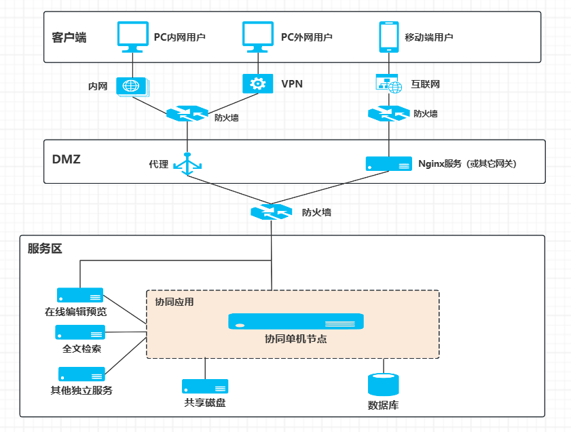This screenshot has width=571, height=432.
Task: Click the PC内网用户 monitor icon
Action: click(x=133, y=37)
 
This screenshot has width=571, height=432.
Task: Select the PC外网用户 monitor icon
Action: click(x=259, y=37)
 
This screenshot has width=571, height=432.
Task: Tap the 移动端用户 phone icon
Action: click(x=388, y=37)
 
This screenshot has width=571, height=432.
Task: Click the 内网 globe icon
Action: click(x=132, y=86)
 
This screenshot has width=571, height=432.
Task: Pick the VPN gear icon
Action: click(x=258, y=83)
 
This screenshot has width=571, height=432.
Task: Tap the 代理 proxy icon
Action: click(x=187, y=163)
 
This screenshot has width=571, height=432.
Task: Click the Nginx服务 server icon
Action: click(x=389, y=163)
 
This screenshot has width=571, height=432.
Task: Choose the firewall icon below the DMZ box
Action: click(x=272, y=212)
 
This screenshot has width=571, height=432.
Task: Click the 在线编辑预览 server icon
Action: click(x=80, y=295)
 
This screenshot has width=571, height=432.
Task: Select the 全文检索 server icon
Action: click(x=80, y=332)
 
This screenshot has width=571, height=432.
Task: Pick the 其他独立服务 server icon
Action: click(x=81, y=374)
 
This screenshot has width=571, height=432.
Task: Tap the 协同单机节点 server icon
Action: click(x=295, y=321)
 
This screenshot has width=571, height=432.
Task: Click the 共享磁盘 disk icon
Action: click(x=205, y=387)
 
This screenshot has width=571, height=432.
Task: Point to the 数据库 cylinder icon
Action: click(x=382, y=385)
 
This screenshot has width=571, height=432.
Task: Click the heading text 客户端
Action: click(x=69, y=37)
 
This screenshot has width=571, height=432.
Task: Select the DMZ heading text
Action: click(x=67, y=160)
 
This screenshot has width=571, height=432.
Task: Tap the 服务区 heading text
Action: click(x=45, y=249)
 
